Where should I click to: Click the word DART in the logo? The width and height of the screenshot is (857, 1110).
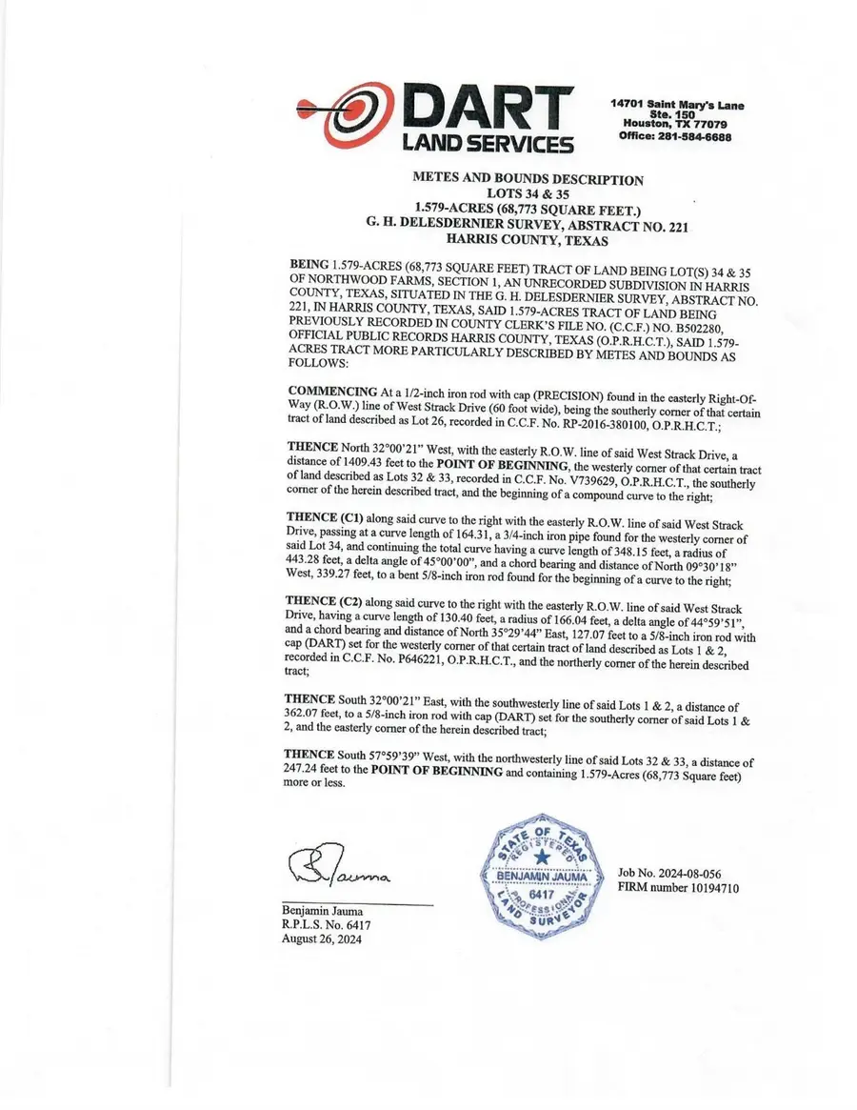pos(488,109)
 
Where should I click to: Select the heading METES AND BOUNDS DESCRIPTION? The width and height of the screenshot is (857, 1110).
pos(527,179)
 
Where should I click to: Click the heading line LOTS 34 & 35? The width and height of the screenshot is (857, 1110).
pos(527,193)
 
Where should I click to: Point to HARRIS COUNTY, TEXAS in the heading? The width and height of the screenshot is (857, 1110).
pos(527,241)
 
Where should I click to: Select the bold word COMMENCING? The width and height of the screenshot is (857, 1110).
pos(332,392)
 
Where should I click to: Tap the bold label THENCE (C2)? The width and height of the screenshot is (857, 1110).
pos(320,603)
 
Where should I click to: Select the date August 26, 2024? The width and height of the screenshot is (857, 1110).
pos(322,938)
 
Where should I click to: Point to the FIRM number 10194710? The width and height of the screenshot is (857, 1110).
pos(678,888)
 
